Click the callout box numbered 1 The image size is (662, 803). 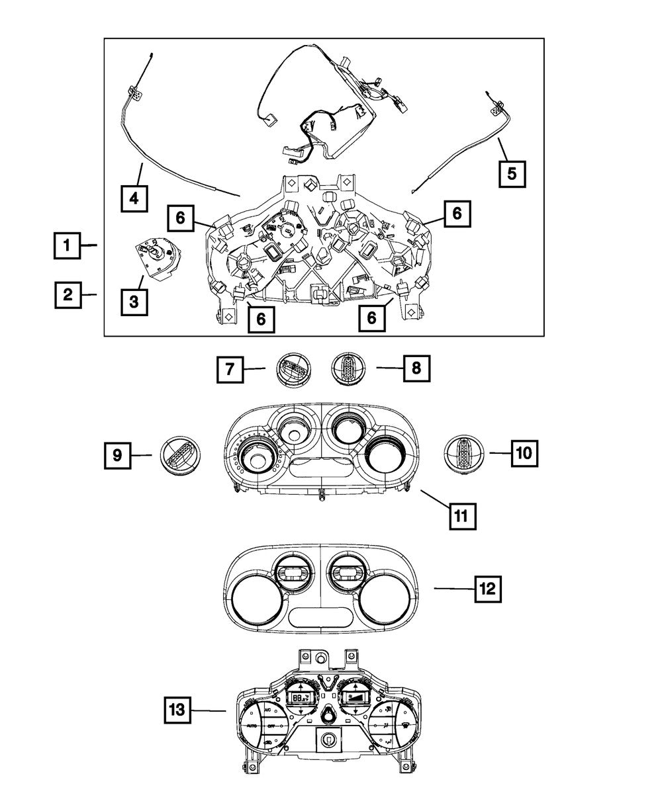pos(67,246)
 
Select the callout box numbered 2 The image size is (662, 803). pos(67,294)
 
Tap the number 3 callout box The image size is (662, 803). pos(134,302)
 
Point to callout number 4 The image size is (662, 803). pos(134,196)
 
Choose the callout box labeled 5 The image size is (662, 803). pos(512,173)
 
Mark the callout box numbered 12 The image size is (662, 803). pos(488,587)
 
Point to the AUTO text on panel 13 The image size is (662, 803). pos(252,726)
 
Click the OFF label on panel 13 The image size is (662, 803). pos(271,726)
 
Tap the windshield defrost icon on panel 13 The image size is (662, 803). pos(404,726)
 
